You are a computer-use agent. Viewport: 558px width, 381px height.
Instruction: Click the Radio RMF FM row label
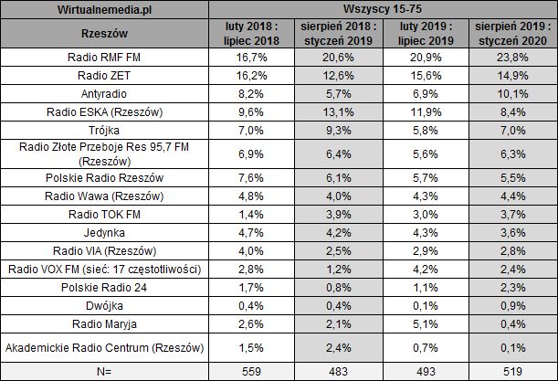coord(105,58)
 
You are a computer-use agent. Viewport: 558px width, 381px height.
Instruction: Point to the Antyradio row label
coord(105,93)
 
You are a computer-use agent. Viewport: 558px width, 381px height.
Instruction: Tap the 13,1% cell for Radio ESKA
coord(339,111)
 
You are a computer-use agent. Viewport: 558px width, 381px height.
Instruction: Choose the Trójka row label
coord(105,129)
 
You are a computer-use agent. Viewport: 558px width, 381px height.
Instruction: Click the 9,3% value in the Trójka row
coord(339,129)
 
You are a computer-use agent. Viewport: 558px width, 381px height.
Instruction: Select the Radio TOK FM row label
coord(105,213)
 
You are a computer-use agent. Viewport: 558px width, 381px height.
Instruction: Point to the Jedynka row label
coord(105,231)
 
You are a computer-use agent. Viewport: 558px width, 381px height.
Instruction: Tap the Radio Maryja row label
coord(105,319)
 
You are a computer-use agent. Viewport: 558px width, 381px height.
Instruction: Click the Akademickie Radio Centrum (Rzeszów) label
coord(105,345)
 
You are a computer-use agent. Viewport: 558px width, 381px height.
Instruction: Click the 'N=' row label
coord(105,371)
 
